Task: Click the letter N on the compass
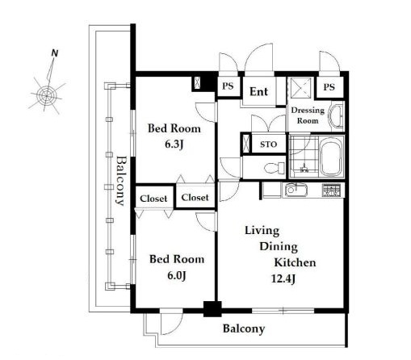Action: click(x=55, y=53)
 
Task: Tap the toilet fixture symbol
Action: click(x=275, y=168)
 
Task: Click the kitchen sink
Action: click(x=296, y=190)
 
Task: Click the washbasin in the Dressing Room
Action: click(x=337, y=117)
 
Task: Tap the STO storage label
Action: click(x=268, y=144)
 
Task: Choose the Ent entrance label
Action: click(x=258, y=92)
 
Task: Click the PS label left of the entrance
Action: click(x=228, y=86)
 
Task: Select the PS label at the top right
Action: click(x=329, y=87)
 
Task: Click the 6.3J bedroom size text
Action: click(x=174, y=144)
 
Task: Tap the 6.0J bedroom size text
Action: click(x=177, y=275)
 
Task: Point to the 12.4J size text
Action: click(x=283, y=278)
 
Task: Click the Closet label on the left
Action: click(x=153, y=199)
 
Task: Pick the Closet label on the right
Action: click(x=195, y=198)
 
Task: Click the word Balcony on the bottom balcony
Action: click(x=244, y=329)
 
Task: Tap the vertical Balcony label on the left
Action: click(x=120, y=181)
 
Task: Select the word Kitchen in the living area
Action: click(x=295, y=262)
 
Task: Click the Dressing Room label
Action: click(x=308, y=115)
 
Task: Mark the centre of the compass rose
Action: click(x=47, y=95)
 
